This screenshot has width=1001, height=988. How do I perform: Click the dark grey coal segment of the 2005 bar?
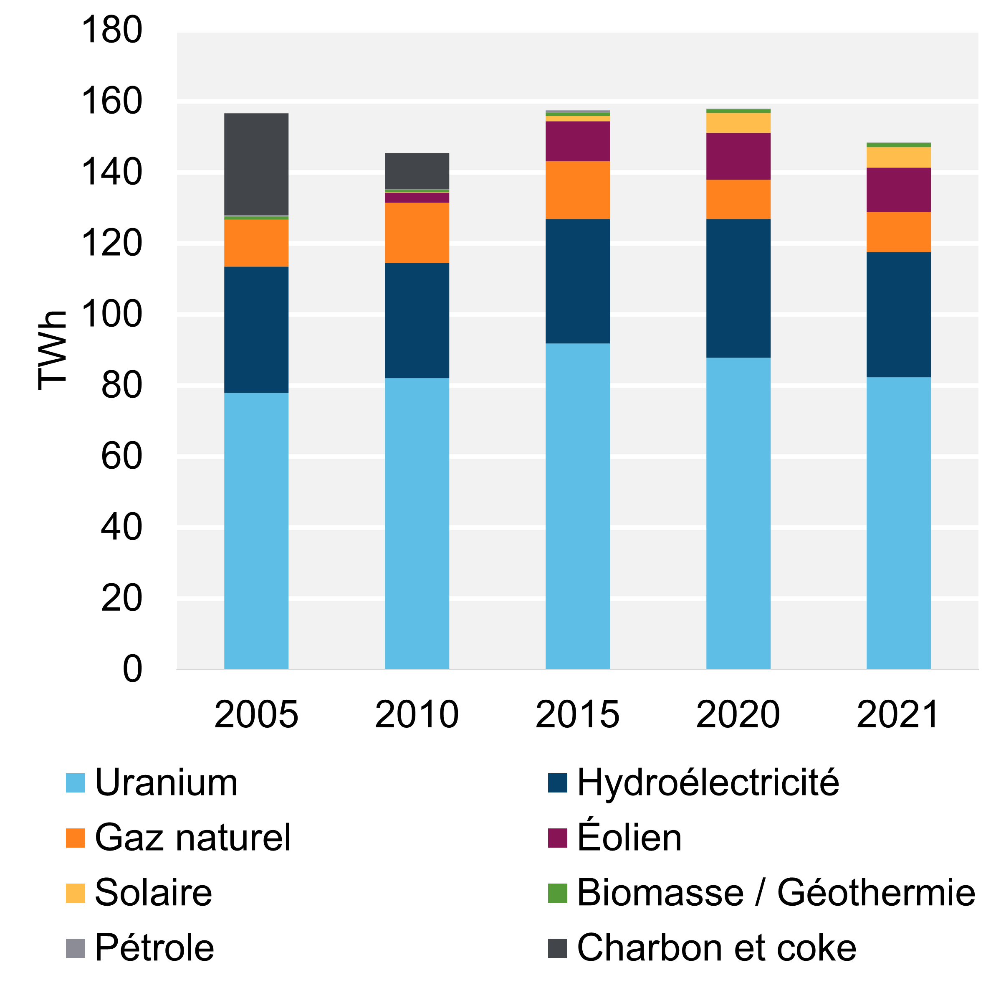tap(256, 164)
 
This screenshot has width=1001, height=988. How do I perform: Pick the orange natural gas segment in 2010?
tap(417, 232)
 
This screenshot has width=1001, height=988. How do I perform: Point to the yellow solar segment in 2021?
tap(898, 157)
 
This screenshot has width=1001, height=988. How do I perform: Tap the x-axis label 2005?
tap(256, 715)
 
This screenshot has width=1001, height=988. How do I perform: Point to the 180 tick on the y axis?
tap(111, 30)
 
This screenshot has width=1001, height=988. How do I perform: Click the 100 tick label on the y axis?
tap(111, 314)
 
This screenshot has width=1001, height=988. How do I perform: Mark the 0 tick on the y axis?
tap(132, 669)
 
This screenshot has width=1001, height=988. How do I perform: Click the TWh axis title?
tap(52, 350)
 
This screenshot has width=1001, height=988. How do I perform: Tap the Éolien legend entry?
tap(629, 838)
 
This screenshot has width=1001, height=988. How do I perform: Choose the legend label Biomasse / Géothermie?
tap(776, 893)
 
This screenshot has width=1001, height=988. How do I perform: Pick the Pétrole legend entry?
tap(154, 947)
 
